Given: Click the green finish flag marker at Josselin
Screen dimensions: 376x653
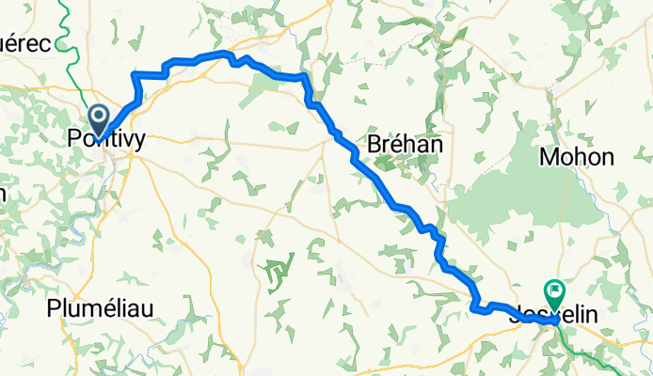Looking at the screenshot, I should (553, 294).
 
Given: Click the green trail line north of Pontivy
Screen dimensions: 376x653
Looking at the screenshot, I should (65, 28).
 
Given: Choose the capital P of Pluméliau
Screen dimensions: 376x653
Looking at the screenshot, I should (54, 308).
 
